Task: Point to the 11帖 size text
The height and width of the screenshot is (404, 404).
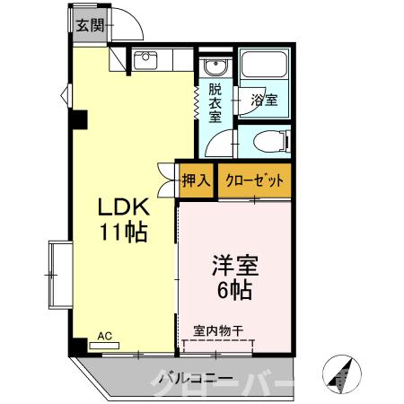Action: [123, 232]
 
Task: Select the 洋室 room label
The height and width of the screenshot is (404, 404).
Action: [235, 266]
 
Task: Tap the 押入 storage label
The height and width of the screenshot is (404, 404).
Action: [196, 180]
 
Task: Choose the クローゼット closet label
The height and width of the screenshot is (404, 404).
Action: [255, 180]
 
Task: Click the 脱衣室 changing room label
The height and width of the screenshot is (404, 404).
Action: [215, 104]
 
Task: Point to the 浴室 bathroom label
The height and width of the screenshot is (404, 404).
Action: [264, 100]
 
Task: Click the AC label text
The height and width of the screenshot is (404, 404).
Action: [104, 336]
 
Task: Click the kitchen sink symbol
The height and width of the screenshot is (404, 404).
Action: [145, 61]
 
